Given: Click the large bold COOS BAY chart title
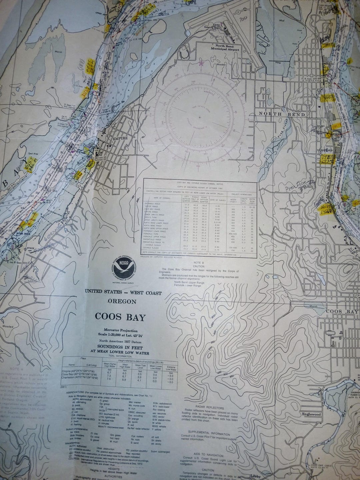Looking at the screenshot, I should coord(120,317).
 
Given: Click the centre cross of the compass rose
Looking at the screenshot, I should coord(200,117).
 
